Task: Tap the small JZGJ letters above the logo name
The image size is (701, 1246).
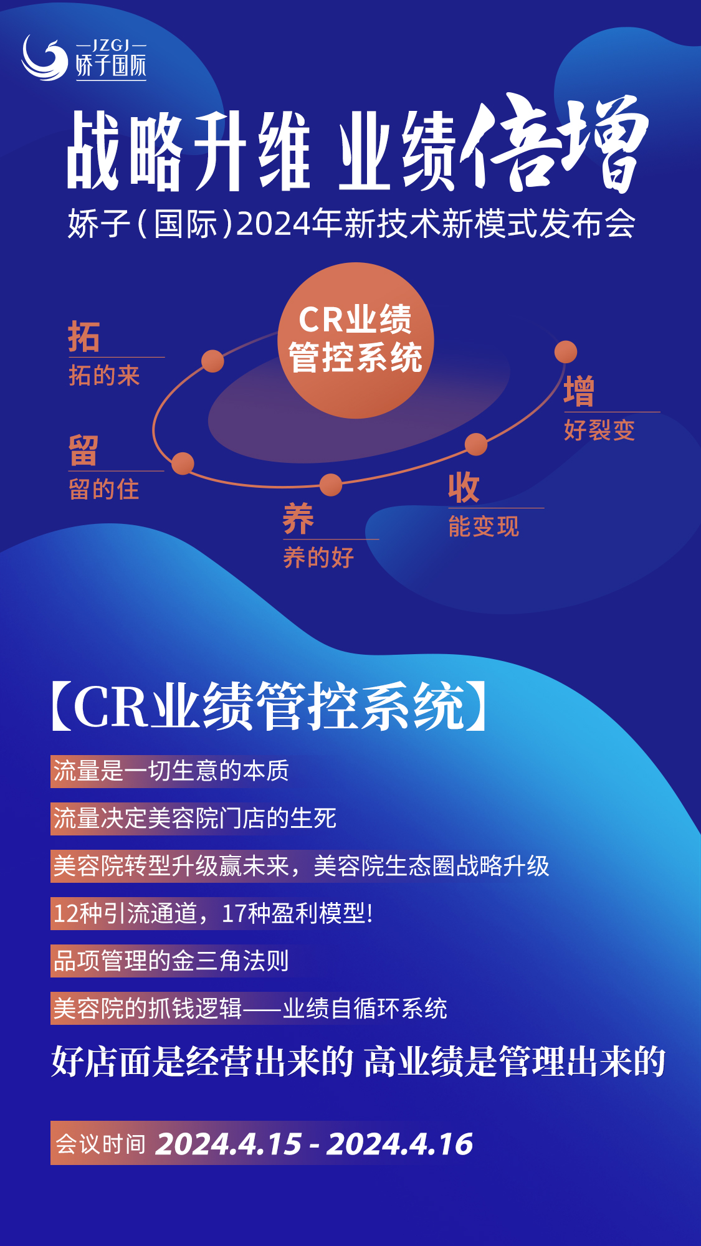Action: pos(111,45)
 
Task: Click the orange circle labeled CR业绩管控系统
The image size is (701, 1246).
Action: pos(356,340)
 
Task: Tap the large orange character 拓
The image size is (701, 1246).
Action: pos(84,337)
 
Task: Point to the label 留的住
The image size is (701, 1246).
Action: pos(104,490)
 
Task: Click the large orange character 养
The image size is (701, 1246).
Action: pos(298,519)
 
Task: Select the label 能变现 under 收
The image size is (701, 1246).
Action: pos(484,527)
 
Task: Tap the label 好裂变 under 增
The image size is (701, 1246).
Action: pos(599,430)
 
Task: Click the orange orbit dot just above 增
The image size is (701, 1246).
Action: pos(566,352)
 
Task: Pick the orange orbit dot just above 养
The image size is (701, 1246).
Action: pos(331,485)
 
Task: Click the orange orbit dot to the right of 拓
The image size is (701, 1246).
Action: pos(212,361)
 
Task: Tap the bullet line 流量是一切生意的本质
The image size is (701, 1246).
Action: pos(171,771)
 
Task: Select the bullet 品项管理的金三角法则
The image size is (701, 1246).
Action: pos(171,961)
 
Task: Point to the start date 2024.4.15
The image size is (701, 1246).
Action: pos(229,1144)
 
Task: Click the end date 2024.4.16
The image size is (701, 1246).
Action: pos(400,1144)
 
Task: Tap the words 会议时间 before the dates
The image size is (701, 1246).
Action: pos(101,1144)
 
